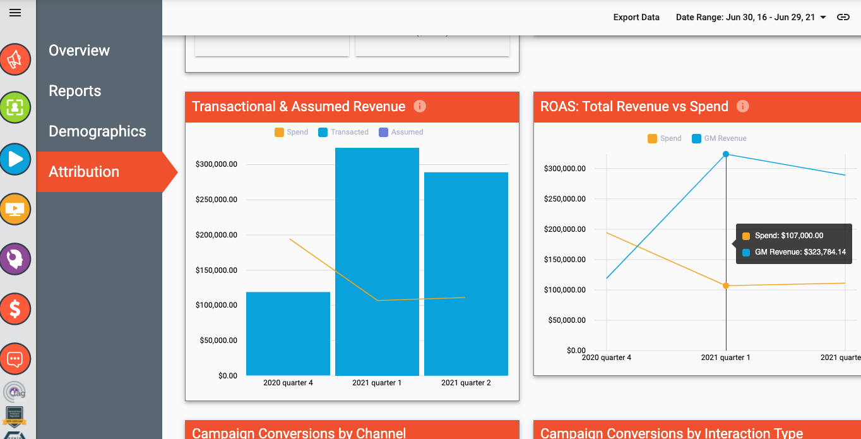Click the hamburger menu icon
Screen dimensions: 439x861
(x=15, y=13)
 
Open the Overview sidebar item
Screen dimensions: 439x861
(x=79, y=51)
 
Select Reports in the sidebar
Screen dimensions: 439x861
(x=74, y=91)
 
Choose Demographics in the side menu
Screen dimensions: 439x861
(x=97, y=131)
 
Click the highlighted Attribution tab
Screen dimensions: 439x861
(x=84, y=172)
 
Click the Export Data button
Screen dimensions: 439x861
(x=636, y=17)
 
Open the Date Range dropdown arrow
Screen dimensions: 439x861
(x=823, y=18)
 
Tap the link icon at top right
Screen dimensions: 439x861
(x=843, y=17)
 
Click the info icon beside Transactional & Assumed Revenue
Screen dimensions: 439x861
(x=420, y=106)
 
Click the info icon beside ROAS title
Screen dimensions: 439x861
(x=743, y=106)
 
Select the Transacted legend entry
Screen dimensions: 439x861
(x=343, y=132)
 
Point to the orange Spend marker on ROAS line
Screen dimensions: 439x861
(x=726, y=286)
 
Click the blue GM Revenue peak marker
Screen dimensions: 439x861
(x=726, y=154)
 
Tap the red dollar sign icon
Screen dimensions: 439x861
(x=15, y=309)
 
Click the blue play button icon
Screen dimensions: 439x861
(x=15, y=159)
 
